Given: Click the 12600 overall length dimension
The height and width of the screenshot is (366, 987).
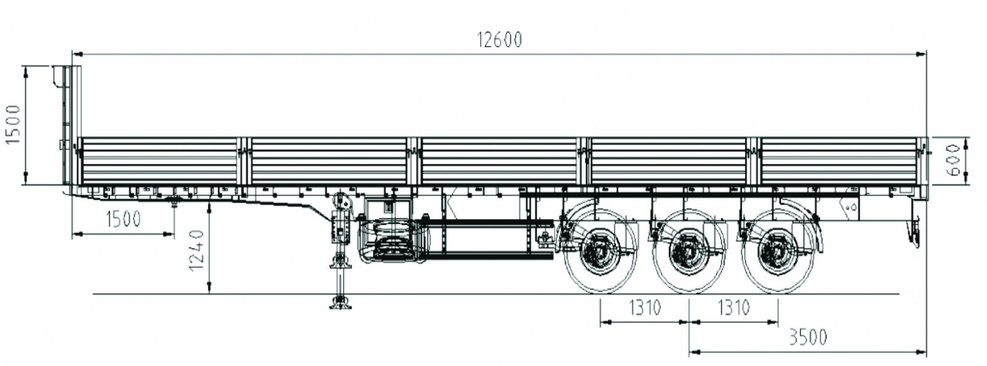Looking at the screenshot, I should pyautogui.click(x=499, y=40).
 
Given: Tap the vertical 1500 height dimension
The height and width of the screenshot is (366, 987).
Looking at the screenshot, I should pyautogui.click(x=13, y=124).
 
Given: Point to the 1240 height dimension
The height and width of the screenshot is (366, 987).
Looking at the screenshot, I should pyautogui.click(x=196, y=251).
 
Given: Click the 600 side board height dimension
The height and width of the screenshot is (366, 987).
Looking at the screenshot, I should pyautogui.click(x=953, y=160).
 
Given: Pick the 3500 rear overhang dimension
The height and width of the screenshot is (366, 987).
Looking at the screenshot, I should pyautogui.click(x=807, y=337).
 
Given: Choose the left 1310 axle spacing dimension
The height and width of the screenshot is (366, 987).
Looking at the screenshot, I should pyautogui.click(x=644, y=307).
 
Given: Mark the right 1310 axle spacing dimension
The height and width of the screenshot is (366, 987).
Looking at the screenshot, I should pyautogui.click(x=733, y=307).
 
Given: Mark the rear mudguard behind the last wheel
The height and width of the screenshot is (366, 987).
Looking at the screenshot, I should pyautogui.click(x=814, y=228).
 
